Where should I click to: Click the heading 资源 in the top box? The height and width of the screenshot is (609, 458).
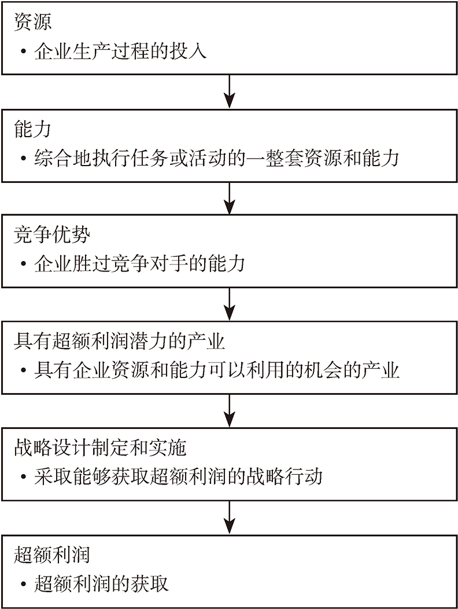[32, 22]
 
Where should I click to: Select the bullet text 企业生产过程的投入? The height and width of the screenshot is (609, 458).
[120, 51]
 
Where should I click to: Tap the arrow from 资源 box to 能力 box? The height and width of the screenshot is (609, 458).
[230, 91]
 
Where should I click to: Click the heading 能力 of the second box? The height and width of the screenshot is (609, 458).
[32, 129]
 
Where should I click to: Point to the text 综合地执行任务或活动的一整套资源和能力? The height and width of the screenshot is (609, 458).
[217, 158]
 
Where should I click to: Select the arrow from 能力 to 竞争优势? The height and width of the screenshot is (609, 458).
[230, 198]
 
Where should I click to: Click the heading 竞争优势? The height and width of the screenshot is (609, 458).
[52, 235]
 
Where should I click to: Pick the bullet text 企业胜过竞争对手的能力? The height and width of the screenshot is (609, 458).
[140, 264]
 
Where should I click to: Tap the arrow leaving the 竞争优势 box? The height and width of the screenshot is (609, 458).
[230, 304]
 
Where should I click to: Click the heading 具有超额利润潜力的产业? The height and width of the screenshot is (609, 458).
[120, 342]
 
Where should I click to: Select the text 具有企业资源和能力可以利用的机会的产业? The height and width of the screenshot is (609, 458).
[217, 370]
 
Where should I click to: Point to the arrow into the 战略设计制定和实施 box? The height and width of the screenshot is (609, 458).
[230, 411]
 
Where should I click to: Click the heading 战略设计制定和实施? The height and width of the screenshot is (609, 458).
[100, 448]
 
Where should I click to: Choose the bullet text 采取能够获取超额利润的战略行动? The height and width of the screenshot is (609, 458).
[178, 476]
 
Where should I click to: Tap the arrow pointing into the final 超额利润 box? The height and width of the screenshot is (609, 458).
[230, 518]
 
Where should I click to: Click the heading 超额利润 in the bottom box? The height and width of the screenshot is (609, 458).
[52, 555]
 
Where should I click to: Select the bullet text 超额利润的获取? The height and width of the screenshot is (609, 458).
[101, 584]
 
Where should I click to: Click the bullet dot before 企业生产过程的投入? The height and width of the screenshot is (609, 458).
[24, 52]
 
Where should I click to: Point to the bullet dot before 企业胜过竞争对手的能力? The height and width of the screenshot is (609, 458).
[24, 265]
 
